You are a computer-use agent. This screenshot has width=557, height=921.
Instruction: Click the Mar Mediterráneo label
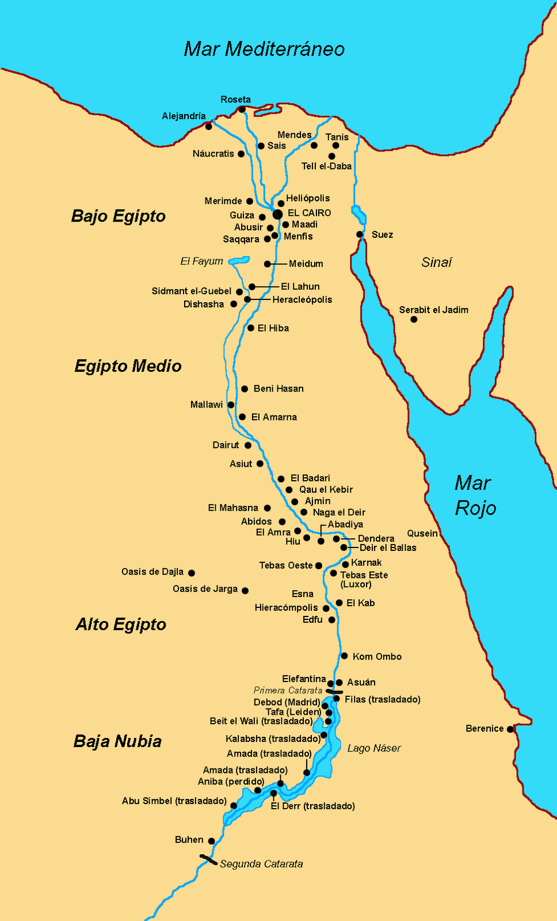tap(264, 49)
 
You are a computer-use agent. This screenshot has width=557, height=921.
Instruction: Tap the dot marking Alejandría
tap(208, 126)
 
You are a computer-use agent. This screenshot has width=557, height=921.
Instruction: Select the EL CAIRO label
tap(309, 213)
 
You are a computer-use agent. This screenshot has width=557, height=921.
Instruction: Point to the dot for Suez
tap(360, 234)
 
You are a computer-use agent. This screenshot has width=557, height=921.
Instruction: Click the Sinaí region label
tap(436, 262)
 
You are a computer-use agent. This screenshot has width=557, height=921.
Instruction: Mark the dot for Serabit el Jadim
tap(414, 319)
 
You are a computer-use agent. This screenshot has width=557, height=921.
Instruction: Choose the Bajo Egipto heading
tap(119, 216)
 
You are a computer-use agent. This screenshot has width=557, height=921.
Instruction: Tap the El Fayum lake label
tap(201, 261)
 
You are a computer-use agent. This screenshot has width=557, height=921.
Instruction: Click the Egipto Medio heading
tap(128, 366)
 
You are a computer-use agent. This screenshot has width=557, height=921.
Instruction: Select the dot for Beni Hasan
tap(245, 389)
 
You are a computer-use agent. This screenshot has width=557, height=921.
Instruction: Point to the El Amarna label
tap(274, 417)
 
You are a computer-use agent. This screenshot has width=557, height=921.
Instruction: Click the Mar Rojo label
tap(474, 495)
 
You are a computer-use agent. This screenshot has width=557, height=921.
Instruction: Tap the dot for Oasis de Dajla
tap(192, 573)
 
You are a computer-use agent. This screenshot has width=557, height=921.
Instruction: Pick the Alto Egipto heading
tap(121, 625)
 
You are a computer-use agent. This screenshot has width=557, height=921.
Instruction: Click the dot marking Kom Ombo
tap(344, 656)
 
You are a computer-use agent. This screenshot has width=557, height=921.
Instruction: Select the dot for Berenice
tap(510, 729)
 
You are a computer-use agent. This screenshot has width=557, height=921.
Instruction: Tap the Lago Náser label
tap(374, 748)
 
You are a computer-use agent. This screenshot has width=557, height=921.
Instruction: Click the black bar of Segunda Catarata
tap(208, 860)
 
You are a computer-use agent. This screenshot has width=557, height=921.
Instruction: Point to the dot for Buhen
tap(211, 841)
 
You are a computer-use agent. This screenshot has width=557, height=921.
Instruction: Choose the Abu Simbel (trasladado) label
tap(174, 801)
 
